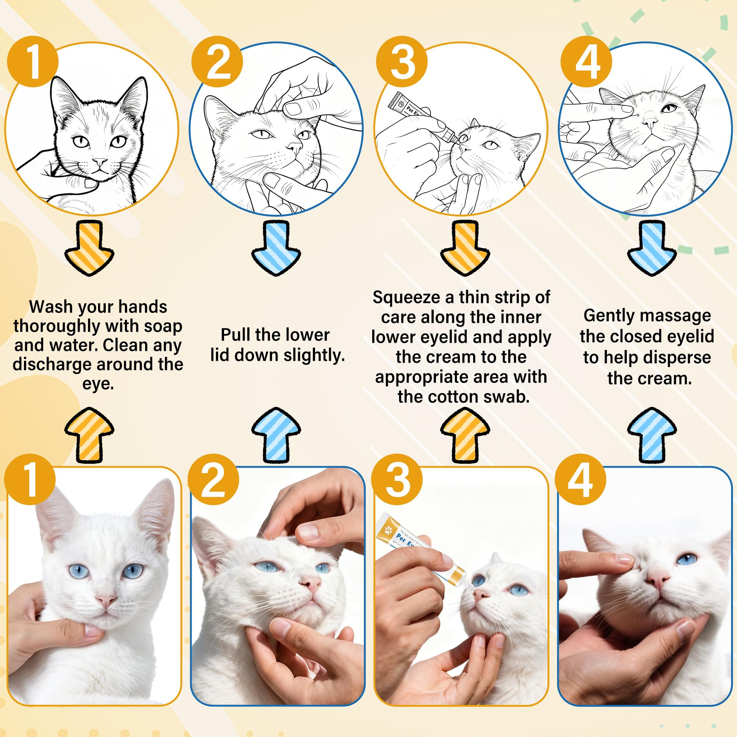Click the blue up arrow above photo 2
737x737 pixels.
(x=276, y=434)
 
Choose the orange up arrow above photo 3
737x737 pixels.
(x=465, y=434)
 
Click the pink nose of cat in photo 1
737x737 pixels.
(x=105, y=600)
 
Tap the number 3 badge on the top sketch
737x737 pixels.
(x=402, y=62)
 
